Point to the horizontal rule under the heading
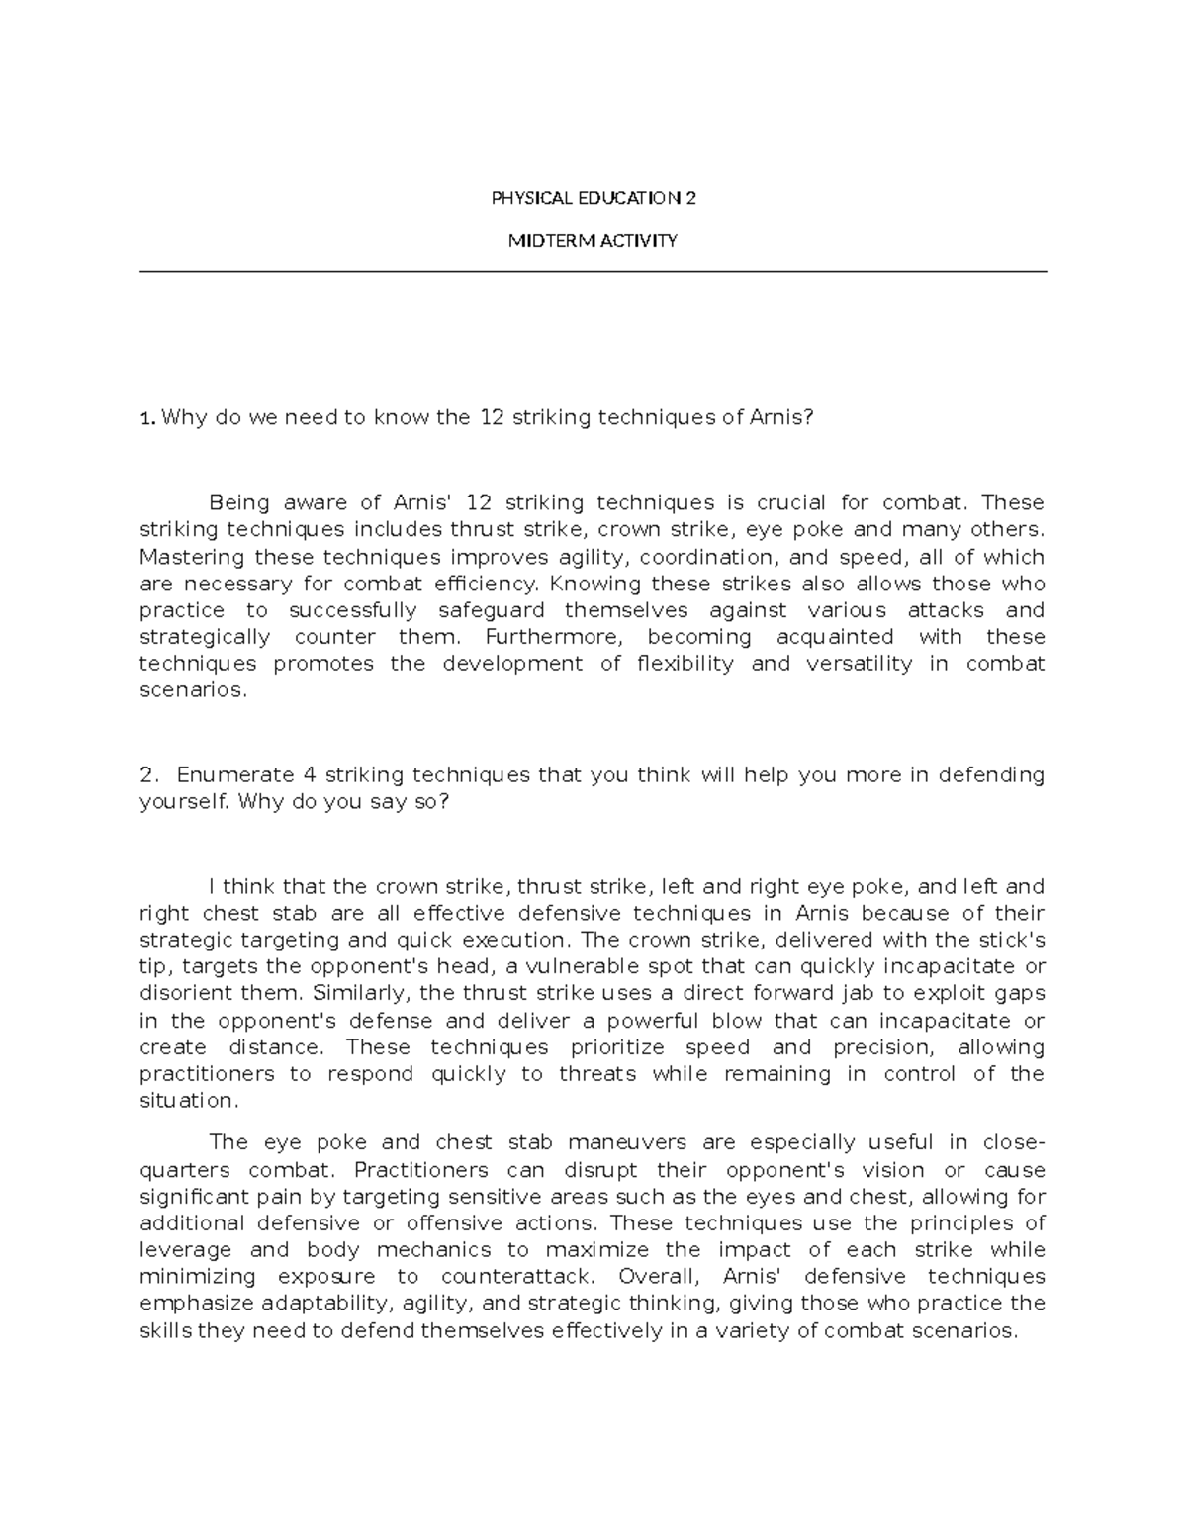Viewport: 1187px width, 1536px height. coord(593,271)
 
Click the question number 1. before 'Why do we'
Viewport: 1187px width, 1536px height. coord(147,418)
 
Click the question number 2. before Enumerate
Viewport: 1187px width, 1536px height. coord(149,774)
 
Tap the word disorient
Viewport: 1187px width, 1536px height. coord(185,993)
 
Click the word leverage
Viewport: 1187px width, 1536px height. coord(186,1249)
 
